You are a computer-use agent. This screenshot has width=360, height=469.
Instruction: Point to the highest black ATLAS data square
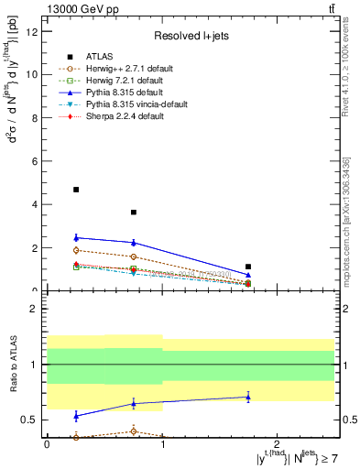76,190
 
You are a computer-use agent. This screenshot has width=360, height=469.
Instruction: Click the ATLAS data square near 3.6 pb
134,213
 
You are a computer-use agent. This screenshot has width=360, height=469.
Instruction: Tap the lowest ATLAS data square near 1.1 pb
248,267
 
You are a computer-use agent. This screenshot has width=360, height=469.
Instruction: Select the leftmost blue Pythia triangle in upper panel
76,237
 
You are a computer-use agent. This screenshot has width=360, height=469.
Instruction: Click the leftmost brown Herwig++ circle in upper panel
76,250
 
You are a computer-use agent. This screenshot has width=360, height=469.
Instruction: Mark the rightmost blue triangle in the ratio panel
248,397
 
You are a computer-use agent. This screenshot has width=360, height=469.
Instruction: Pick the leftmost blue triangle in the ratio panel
76,416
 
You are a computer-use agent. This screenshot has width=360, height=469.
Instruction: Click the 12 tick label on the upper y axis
34,32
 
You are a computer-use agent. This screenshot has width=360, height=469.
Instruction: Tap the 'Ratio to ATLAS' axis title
11,364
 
